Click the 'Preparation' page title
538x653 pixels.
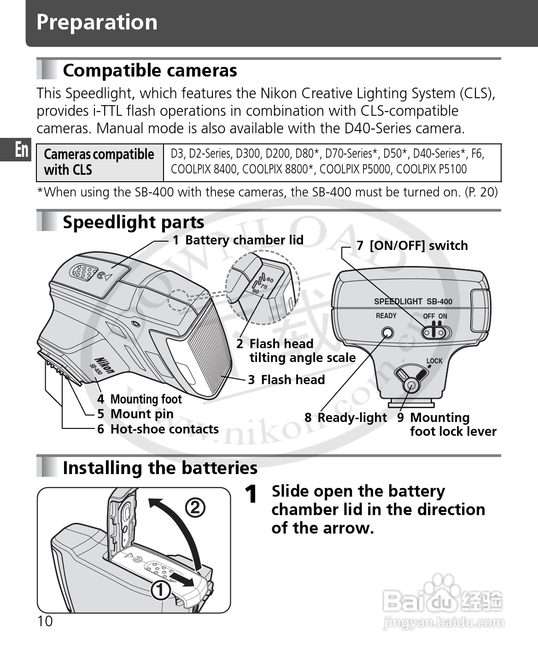97,22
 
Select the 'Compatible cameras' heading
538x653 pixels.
150,71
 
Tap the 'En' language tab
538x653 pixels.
21,150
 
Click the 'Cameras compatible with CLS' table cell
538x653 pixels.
99,162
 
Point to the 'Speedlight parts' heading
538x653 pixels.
134,222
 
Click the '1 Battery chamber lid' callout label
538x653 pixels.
238,240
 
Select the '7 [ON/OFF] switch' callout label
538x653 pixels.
412,245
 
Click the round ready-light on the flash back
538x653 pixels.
388,333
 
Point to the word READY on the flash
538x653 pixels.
386,316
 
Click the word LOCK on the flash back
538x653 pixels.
434,361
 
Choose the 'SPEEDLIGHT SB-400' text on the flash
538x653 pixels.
413,302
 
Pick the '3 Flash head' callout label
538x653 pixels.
287,380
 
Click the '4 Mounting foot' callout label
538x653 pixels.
140,399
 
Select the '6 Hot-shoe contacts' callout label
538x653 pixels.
158,429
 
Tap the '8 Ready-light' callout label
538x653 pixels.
346,417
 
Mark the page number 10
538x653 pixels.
45,622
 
